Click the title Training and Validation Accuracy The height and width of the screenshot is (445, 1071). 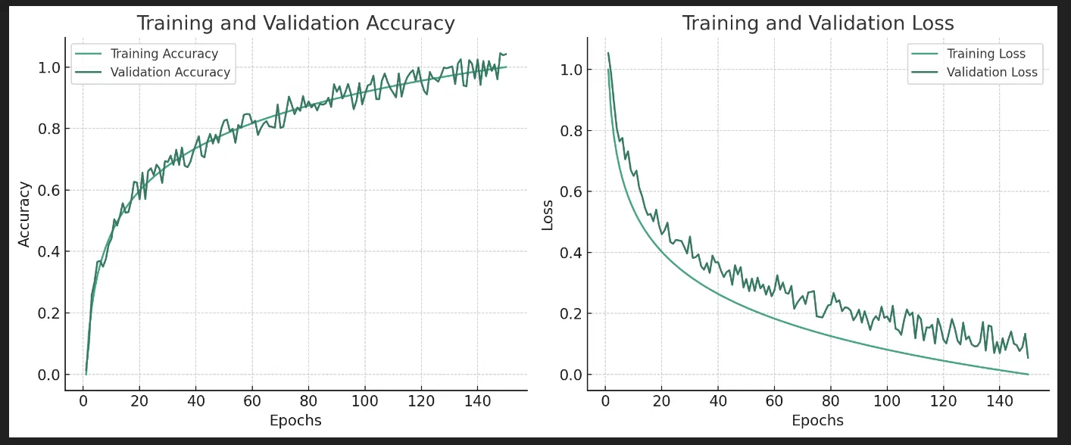tap(295, 23)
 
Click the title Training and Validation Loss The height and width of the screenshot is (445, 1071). tap(817, 23)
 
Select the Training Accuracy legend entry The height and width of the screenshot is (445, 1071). tap(164, 54)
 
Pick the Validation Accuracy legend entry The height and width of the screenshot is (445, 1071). tap(170, 73)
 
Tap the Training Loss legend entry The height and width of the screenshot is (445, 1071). tap(985, 54)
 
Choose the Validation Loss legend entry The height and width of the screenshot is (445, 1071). tap(991, 73)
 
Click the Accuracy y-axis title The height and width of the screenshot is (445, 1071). tap(24, 213)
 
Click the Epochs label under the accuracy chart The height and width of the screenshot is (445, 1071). tap(295, 421)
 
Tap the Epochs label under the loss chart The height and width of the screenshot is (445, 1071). tap(817, 421)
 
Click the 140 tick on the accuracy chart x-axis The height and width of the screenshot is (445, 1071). tap(477, 401)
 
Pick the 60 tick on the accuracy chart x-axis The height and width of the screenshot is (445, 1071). tap(252, 401)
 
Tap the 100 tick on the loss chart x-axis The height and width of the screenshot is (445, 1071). tap(887, 401)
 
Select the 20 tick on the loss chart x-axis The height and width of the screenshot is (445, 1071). tap(661, 401)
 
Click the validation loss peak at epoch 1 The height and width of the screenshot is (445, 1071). tap(608, 53)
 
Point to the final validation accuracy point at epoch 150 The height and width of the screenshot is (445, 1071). tap(505, 54)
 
